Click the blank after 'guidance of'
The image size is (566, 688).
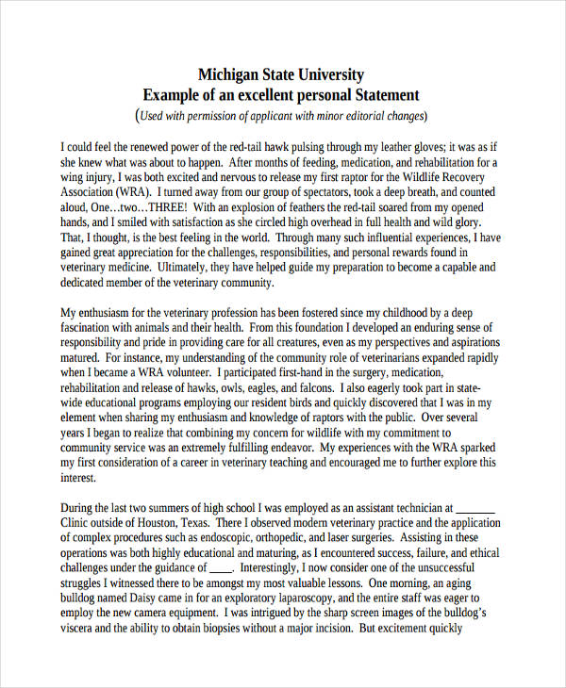(x=219, y=568)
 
